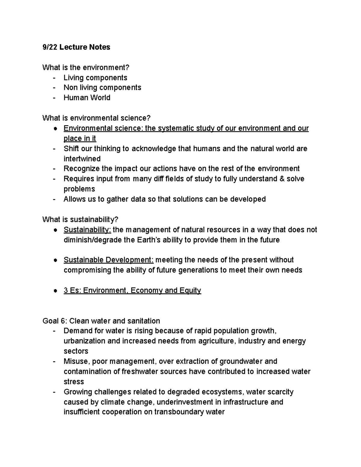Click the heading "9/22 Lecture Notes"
(x=76, y=47)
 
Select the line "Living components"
(x=95, y=78)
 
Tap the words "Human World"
(x=87, y=98)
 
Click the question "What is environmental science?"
(x=96, y=118)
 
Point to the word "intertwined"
(x=82, y=159)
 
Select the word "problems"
(x=79, y=189)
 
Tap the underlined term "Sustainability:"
(x=87, y=230)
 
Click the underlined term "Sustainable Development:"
(x=109, y=260)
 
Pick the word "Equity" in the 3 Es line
(x=190, y=290)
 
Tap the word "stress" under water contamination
(x=74, y=382)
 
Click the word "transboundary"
(x=179, y=412)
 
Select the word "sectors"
(x=76, y=351)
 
